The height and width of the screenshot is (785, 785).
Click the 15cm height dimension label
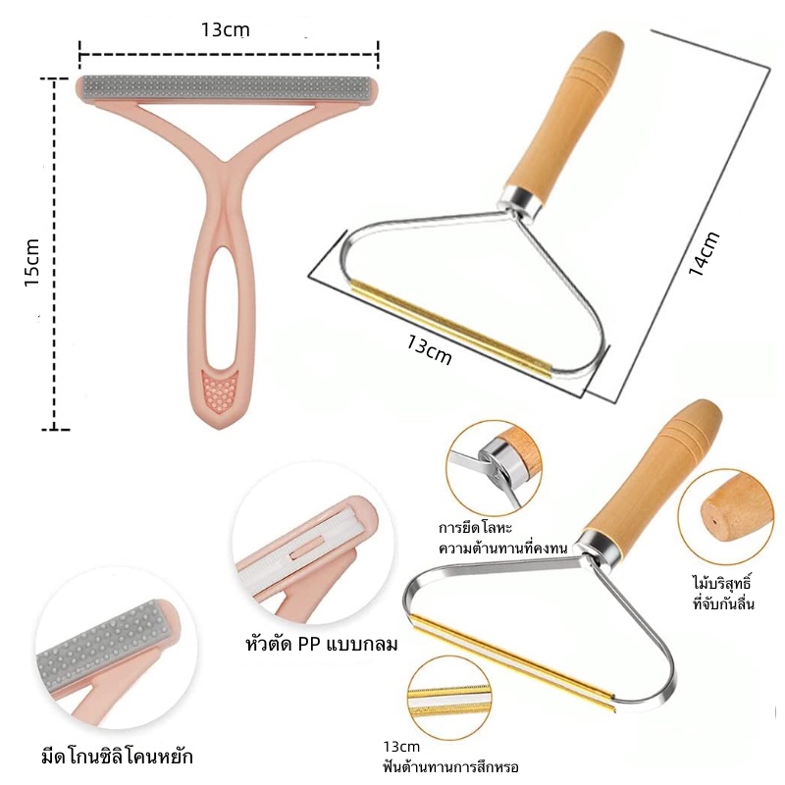point(32,262)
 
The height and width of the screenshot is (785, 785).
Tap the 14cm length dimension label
point(704,253)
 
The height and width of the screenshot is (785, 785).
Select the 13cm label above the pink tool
point(225,29)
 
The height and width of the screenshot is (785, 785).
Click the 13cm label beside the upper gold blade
point(429,349)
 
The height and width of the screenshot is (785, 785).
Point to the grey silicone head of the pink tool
point(228,87)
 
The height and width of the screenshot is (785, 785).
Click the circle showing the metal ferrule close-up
point(495,468)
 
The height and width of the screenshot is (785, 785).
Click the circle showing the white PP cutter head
point(305,544)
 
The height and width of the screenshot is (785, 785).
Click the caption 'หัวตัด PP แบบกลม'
point(322,644)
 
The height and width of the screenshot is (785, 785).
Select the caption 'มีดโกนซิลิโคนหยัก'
point(117,756)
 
